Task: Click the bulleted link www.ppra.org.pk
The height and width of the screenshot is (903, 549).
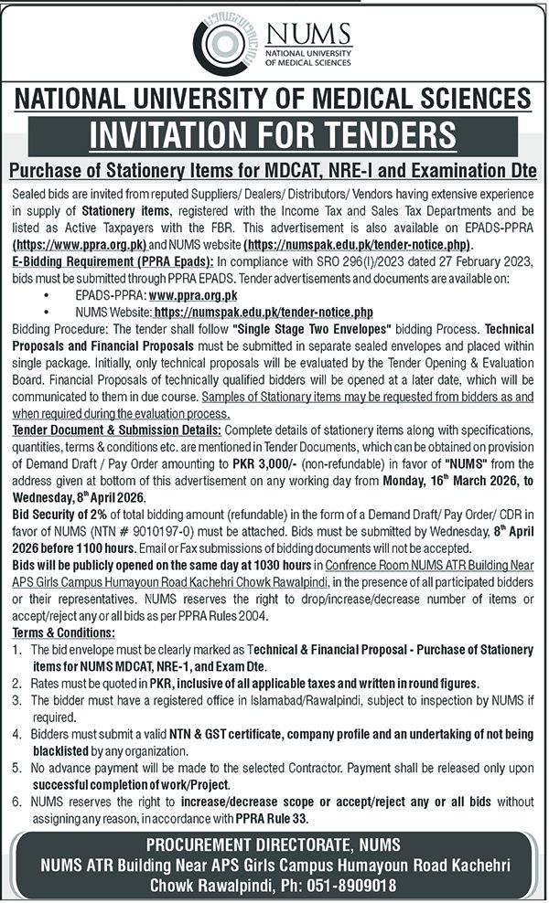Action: coord(193,296)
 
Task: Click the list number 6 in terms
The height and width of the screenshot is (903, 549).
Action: coord(19,802)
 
